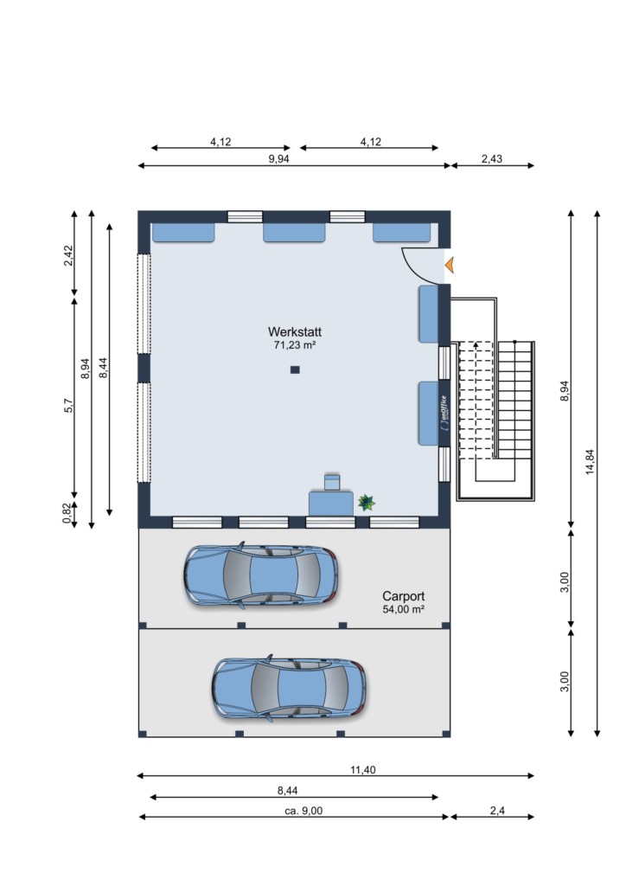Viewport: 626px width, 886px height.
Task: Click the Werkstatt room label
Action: coord(295,331)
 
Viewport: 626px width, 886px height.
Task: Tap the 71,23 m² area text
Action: coord(295,344)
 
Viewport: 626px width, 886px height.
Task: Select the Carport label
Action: coord(403,596)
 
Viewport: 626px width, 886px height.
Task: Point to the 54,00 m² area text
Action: coord(403,609)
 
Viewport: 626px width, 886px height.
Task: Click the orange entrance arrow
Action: coord(450,265)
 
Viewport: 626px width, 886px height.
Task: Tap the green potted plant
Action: coord(367,502)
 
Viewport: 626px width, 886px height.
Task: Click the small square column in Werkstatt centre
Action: coord(295,370)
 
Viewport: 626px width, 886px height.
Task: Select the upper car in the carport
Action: coord(261,575)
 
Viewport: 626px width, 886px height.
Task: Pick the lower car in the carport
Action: coord(289,688)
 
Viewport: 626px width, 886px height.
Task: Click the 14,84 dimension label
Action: coord(590,462)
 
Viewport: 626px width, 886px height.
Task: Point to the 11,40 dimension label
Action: coord(362,769)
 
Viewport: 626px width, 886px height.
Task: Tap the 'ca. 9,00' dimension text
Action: coord(303,811)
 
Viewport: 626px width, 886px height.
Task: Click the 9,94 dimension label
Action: coord(278,159)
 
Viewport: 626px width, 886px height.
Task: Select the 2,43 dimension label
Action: coord(492,159)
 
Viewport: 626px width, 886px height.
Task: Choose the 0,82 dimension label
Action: coord(67,513)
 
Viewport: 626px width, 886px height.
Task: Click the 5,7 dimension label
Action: coord(68,405)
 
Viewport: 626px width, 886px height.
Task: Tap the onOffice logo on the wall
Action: coord(444,414)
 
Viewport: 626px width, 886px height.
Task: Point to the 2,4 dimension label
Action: coord(497,811)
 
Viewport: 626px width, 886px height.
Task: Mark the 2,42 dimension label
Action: coord(67,255)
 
